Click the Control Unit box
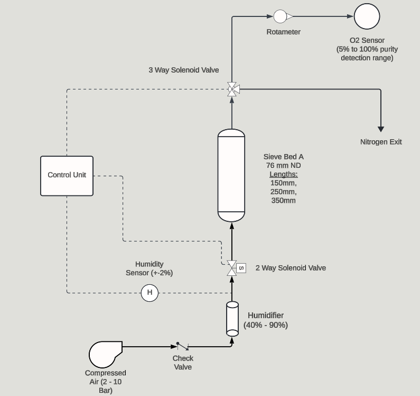(x=67, y=176)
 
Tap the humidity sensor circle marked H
(x=150, y=293)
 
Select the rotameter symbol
(x=283, y=16)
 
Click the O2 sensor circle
(x=367, y=16)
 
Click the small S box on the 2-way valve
(x=241, y=268)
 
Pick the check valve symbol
(x=183, y=346)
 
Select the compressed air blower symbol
(x=106, y=354)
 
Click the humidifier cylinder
(x=232, y=319)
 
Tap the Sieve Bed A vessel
(x=231, y=176)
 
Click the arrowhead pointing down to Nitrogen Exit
(x=380, y=129)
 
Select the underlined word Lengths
(x=284, y=174)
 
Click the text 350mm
(x=283, y=201)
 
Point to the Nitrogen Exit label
(x=381, y=142)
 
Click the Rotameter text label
(x=283, y=32)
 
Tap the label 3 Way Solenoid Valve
(x=184, y=70)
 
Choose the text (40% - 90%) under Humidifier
(x=266, y=325)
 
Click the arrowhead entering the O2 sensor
(x=350, y=16)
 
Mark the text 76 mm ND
(x=283, y=165)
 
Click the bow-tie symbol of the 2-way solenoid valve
(x=232, y=268)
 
